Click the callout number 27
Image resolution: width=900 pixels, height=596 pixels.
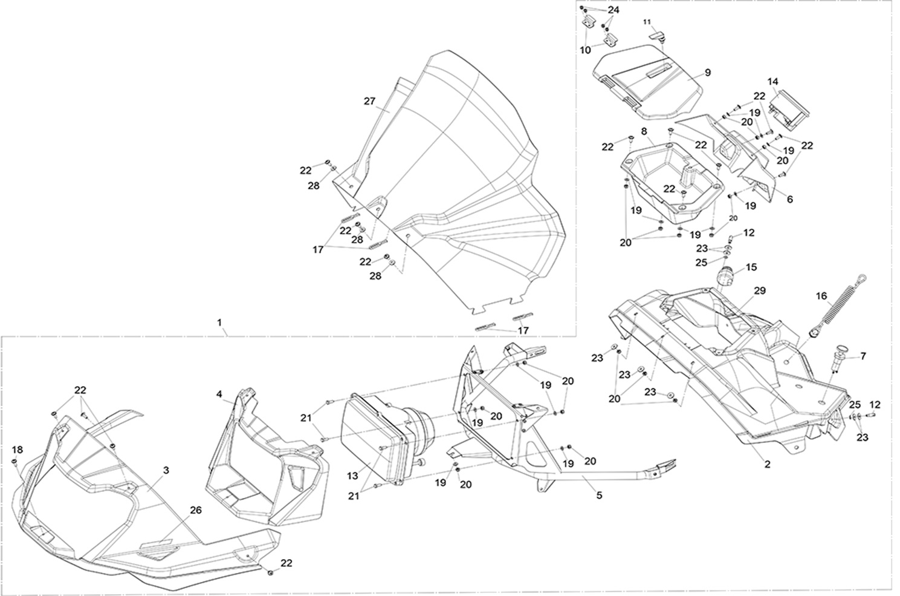coord(369,101)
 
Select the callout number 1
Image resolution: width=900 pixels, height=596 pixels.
coord(219,322)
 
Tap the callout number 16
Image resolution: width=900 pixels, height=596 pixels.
coord(821,296)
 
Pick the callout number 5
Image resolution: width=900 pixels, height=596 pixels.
coord(599,495)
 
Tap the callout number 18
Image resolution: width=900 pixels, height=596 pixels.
coord(17,450)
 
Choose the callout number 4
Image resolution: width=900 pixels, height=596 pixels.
coord(219,393)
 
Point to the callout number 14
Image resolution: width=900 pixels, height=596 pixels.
coord(773,82)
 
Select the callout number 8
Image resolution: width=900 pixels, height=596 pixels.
coord(644,131)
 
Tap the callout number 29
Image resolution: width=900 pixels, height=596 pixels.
coord(759,290)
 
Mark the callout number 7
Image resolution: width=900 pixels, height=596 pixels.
coord(863,356)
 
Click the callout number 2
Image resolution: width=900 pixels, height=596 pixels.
coord(767,465)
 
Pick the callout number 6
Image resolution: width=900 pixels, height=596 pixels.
coord(789,199)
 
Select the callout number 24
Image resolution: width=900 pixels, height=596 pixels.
coord(613,10)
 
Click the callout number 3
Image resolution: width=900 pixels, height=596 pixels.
coord(166,470)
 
